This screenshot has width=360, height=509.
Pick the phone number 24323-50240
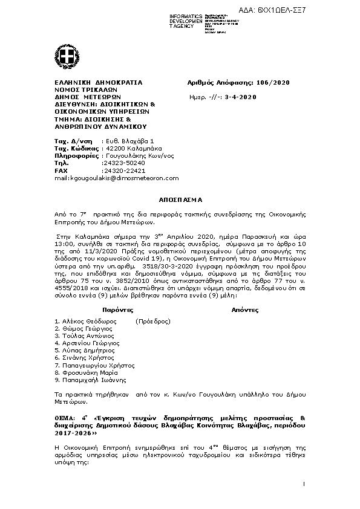pyautogui.click(x=124, y=163)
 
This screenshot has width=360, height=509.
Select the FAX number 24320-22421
pyautogui.click(x=124, y=170)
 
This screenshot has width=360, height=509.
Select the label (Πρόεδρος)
pyautogui.click(x=153, y=321)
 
